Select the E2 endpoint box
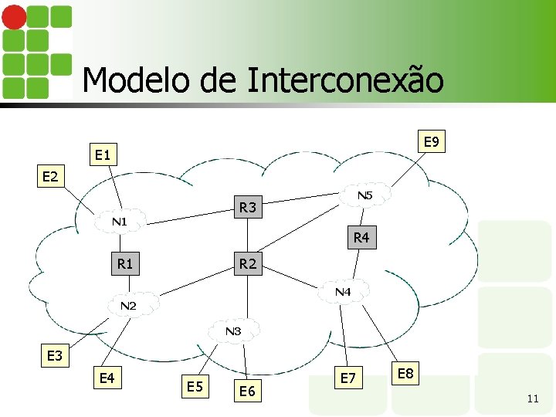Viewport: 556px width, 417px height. [x=50, y=177]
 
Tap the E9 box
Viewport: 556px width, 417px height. [x=431, y=142]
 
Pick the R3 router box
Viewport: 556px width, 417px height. [x=248, y=207]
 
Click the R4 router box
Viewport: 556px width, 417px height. [x=361, y=237]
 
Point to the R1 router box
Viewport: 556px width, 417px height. [x=125, y=264]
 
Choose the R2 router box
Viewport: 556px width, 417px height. [x=248, y=264]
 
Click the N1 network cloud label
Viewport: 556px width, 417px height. [x=119, y=222]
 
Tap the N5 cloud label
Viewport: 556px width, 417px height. [x=364, y=196]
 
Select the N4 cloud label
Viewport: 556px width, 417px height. [x=343, y=293]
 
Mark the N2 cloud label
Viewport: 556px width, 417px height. [x=128, y=307]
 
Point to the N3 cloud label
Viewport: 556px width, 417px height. [x=233, y=331]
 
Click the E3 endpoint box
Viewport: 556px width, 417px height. [x=55, y=356]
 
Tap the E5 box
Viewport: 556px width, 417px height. [x=195, y=385]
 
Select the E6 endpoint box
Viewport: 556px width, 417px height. [x=247, y=392]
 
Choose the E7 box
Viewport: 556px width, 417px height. [x=348, y=377]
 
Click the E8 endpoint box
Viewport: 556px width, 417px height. [x=405, y=375]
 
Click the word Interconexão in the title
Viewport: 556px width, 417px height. [x=346, y=80]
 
